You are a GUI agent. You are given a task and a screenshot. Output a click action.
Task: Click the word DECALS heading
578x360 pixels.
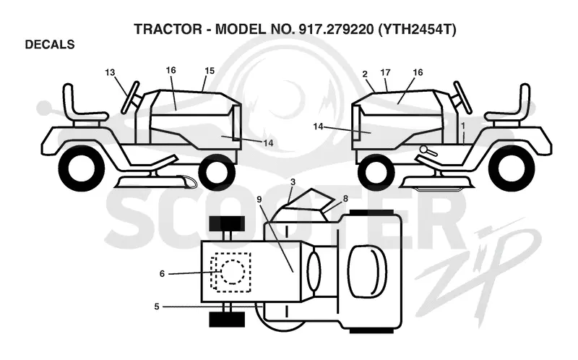pyautogui.click(x=50, y=45)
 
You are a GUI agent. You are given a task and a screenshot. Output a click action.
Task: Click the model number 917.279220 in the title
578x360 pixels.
pyautogui.click(x=336, y=29)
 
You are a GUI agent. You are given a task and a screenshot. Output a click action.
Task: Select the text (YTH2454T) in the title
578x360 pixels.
pyautogui.click(x=417, y=29)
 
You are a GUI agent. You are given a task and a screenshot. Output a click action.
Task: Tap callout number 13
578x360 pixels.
pyautogui.click(x=110, y=72)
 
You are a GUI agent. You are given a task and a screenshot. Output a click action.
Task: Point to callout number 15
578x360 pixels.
pyautogui.click(x=210, y=71)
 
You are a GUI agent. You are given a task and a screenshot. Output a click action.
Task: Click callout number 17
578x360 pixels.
pyautogui.click(x=385, y=73)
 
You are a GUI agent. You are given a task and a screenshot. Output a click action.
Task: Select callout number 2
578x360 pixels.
pyautogui.click(x=365, y=74)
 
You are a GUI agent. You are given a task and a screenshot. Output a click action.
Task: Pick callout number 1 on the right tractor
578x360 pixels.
pyautogui.click(x=463, y=126)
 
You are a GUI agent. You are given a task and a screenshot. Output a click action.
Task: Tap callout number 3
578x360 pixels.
pyautogui.click(x=293, y=182)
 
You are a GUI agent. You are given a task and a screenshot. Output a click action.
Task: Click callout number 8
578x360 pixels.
pyautogui.click(x=345, y=199)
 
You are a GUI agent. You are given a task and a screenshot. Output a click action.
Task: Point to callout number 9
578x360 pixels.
pyautogui.click(x=259, y=200)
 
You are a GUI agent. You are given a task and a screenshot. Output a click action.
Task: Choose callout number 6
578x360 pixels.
pyautogui.click(x=162, y=274)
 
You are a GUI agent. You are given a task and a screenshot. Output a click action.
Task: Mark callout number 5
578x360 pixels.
pyautogui.click(x=157, y=307)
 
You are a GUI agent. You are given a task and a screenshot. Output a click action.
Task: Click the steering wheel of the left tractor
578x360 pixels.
pyautogui.click(x=130, y=97)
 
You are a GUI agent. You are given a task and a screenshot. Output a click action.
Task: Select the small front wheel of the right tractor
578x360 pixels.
pyautogui.click(x=376, y=171)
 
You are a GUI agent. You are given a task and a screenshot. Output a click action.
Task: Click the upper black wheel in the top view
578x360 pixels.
pyautogui.click(x=227, y=223)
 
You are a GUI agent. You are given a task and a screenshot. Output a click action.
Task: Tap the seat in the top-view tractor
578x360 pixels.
pyautogui.click(x=368, y=272)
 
